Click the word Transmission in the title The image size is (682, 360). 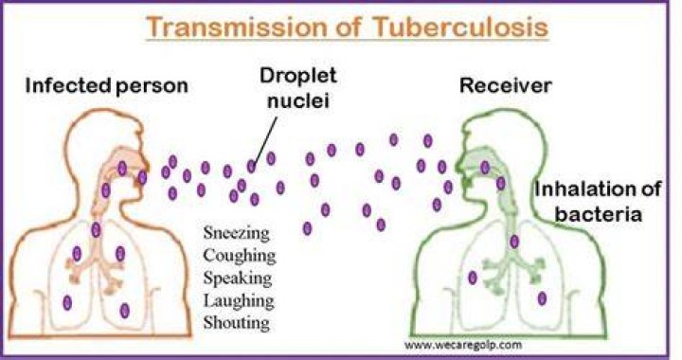[235, 27]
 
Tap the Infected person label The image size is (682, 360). [106, 85]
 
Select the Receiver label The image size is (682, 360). [506, 85]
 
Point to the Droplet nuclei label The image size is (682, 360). [298, 88]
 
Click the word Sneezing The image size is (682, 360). [236, 233]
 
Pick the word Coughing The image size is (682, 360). [240, 255]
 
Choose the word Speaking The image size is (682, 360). [238, 278]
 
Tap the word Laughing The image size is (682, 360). [239, 300]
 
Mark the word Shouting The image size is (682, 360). [236, 323]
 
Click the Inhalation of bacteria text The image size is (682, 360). [598, 202]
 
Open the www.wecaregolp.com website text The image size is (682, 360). [463, 345]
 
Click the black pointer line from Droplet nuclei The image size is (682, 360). [266, 140]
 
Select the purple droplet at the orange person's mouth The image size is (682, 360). [142, 177]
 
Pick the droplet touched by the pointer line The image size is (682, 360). [251, 166]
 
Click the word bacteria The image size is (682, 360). [599, 215]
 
